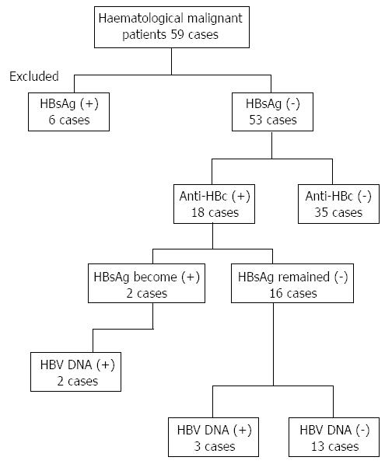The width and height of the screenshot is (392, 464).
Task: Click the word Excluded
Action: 34,76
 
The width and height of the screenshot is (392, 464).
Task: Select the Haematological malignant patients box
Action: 172,27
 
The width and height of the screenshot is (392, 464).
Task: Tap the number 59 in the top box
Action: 177,35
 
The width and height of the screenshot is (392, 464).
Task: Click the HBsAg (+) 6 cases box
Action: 68,112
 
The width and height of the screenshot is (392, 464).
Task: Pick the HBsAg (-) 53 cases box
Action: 272,112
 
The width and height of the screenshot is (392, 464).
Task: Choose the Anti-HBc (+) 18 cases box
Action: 214,204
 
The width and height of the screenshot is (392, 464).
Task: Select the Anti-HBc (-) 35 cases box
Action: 338,204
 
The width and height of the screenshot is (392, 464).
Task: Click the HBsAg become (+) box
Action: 146,283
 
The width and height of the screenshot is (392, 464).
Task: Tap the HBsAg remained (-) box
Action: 292,283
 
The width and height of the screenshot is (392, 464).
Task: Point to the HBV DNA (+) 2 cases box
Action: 75,372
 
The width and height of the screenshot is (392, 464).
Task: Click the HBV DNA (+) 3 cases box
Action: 213,437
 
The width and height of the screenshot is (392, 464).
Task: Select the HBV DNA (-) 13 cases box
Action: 334,437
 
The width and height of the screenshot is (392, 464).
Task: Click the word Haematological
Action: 141,19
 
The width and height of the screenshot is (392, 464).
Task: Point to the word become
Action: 155,277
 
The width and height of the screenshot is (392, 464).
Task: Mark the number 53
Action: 256,120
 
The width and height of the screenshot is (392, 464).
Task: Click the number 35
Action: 321,212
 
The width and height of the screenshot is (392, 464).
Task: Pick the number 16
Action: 275,293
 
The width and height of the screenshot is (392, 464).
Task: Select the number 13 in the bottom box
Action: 317,447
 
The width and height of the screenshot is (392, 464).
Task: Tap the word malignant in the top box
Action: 215,19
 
